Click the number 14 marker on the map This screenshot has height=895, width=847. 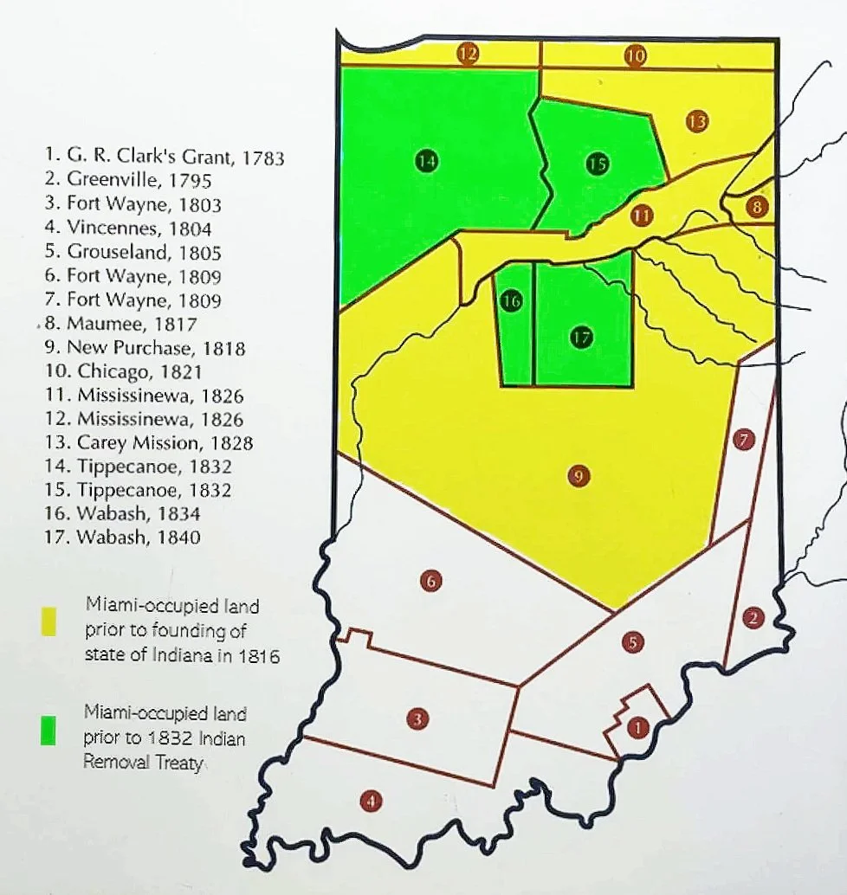(425, 160)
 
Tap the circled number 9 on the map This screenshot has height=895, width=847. (579, 474)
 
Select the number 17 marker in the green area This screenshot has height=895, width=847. (582, 337)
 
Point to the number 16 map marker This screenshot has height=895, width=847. (512, 301)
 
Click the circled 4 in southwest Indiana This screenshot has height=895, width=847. (371, 802)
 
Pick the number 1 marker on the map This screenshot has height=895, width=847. (637, 727)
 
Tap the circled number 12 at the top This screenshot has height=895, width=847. (469, 54)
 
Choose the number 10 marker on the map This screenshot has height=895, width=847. (636, 55)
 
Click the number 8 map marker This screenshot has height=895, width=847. (756, 206)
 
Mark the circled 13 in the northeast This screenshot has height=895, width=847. (696, 122)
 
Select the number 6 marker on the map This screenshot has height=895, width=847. (430, 581)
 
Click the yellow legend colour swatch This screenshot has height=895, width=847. (49, 621)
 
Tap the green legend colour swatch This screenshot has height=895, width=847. (48, 732)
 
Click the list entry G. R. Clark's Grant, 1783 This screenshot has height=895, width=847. (163, 158)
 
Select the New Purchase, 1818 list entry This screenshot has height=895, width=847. (144, 348)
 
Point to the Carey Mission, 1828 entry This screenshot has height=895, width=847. (147, 443)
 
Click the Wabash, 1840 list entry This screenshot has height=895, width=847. (121, 537)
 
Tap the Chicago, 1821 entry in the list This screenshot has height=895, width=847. (122, 372)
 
